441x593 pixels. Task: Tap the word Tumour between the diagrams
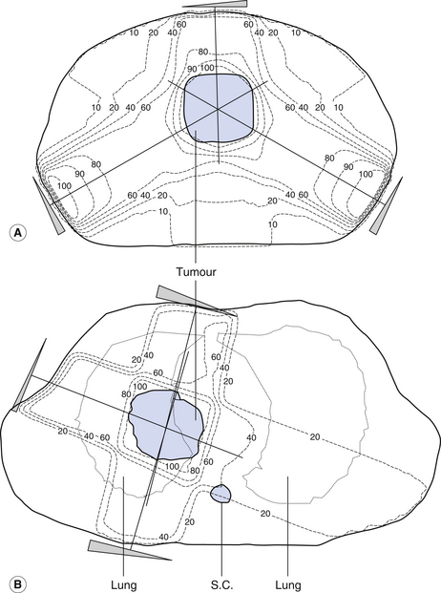tap(196, 272)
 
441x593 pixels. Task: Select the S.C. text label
tap(221, 584)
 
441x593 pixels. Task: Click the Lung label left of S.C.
tap(123, 585)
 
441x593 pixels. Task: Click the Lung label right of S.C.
tap(288, 585)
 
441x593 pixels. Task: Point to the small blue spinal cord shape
tap(220, 493)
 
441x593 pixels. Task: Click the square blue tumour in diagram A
tap(219, 108)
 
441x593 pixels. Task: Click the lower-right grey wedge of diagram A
tap(387, 206)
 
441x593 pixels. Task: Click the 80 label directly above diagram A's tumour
tap(203, 52)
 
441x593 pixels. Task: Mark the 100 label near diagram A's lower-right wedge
tap(366, 175)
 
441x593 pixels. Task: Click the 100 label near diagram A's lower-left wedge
tap(64, 185)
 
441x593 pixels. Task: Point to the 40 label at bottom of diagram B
tap(163, 537)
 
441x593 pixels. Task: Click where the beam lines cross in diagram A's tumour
tap(218, 109)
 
